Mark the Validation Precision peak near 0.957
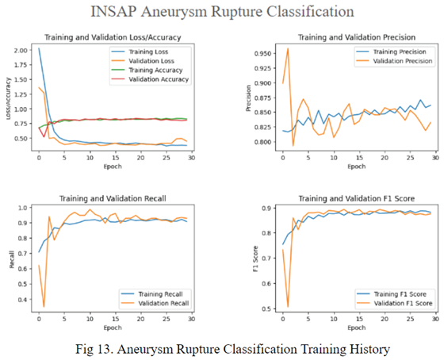[287, 49]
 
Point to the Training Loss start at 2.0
[38, 49]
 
